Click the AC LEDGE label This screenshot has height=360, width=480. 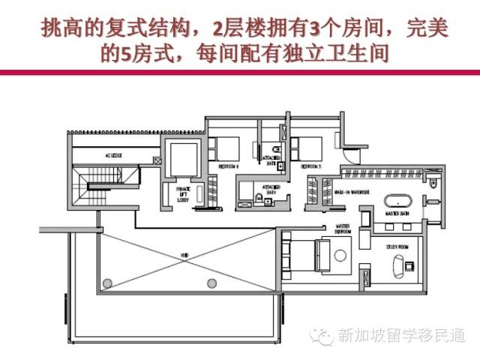point(113,155)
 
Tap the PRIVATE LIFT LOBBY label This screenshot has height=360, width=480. point(181,193)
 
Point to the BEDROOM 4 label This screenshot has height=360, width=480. point(228,165)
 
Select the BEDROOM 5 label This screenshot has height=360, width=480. point(310,165)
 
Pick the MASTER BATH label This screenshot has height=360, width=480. point(397,214)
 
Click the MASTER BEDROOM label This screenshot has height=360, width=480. point(343,228)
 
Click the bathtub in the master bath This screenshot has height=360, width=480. point(397,201)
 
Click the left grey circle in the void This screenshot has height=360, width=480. point(108,283)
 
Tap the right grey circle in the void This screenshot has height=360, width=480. point(212,283)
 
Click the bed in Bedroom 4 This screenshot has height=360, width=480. point(223,147)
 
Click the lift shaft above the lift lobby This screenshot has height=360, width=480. point(181,156)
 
